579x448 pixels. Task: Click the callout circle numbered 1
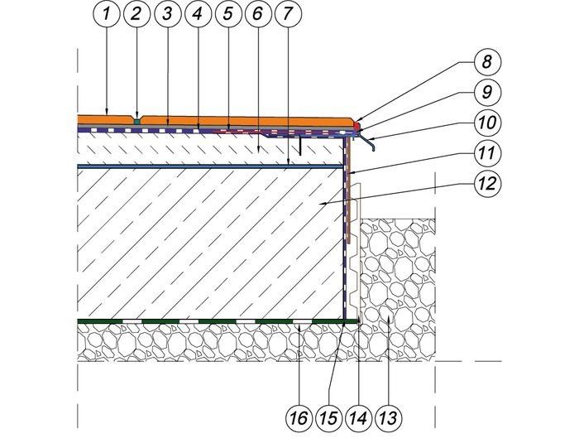click(x=106, y=14)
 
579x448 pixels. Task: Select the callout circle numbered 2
click(x=136, y=14)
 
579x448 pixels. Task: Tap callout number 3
click(x=167, y=14)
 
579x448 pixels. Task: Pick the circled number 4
click(x=198, y=14)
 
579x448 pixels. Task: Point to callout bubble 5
click(x=227, y=14)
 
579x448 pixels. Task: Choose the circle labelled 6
click(x=258, y=14)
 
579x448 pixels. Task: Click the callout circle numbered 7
click(x=288, y=14)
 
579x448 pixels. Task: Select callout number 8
click(x=486, y=61)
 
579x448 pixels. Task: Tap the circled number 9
click(x=486, y=92)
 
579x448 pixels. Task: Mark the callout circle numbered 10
click(x=486, y=122)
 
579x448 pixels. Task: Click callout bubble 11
click(x=486, y=152)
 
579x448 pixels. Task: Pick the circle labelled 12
click(x=486, y=183)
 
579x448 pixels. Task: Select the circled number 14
click(x=358, y=418)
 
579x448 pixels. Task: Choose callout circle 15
click(x=328, y=418)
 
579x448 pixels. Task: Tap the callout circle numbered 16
click(x=299, y=418)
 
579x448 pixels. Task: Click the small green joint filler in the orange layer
click(x=136, y=121)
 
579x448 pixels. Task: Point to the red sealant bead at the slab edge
click(x=356, y=126)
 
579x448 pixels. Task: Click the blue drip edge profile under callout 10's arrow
click(x=366, y=142)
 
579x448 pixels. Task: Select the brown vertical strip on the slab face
click(x=348, y=191)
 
